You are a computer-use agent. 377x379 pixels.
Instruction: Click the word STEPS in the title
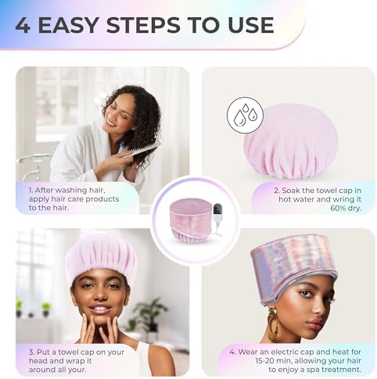tap(161, 25)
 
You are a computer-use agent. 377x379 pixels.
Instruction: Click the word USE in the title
tap(246, 25)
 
